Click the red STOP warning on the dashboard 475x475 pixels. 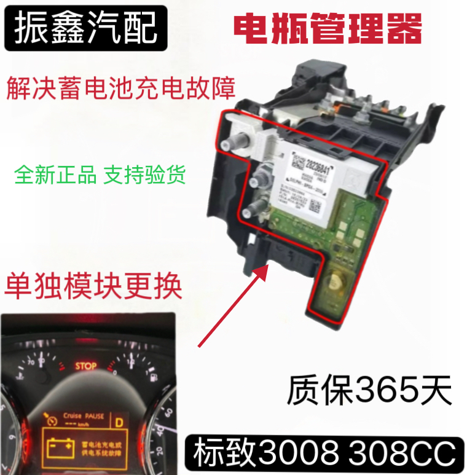(x=85, y=366)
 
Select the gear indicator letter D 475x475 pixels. (x=118, y=422)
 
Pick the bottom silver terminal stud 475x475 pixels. (x=248, y=212)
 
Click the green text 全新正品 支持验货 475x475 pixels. (x=99, y=174)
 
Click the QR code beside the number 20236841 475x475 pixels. (x=298, y=163)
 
